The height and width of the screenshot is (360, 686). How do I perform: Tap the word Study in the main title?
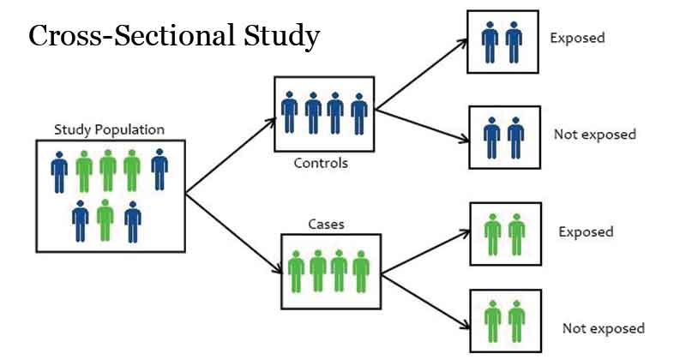[x=279, y=36]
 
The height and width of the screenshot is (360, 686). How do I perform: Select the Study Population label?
[x=109, y=129]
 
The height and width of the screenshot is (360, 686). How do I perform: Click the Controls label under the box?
[x=321, y=163]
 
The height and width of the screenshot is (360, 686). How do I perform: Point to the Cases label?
[x=325, y=224]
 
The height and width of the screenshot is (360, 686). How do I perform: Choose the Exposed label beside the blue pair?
[x=577, y=38]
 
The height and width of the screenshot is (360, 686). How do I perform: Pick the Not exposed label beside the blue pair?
[x=595, y=135]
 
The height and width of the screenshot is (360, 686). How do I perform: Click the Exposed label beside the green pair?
[x=586, y=232]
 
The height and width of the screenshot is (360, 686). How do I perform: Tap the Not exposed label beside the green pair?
[x=603, y=328]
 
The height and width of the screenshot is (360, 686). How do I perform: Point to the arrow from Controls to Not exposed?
[x=420, y=123]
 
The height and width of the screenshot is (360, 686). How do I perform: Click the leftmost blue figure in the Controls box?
[x=290, y=112]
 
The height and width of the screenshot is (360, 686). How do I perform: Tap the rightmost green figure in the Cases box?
[x=359, y=272]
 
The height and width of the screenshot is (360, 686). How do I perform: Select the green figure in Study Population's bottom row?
[x=105, y=219]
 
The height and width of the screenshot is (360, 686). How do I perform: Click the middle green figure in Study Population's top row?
[x=108, y=171]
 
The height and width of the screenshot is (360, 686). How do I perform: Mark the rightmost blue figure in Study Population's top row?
[x=160, y=169]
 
